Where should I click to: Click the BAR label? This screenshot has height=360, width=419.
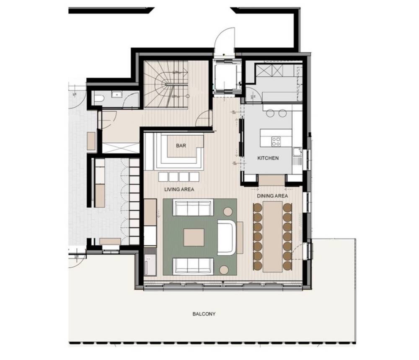(x=181, y=146)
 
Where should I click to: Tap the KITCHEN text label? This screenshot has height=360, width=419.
(x=268, y=158)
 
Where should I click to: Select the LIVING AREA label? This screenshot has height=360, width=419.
(x=179, y=189)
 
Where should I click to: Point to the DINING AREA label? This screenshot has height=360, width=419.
(x=272, y=196)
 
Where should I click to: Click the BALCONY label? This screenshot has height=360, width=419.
(x=204, y=314)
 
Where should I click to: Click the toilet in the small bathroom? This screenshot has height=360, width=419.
(x=99, y=98)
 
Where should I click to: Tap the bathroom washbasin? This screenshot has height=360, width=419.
(x=117, y=94)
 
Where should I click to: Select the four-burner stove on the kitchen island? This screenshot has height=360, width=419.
(x=276, y=141)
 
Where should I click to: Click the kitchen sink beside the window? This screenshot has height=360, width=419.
(x=297, y=152)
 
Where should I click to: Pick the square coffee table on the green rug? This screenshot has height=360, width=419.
(x=194, y=237)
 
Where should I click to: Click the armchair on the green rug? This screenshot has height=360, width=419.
(x=227, y=237)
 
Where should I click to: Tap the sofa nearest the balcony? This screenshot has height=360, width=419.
(x=193, y=266)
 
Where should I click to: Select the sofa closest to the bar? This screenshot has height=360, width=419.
(x=193, y=207)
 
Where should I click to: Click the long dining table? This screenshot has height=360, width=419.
(x=273, y=237)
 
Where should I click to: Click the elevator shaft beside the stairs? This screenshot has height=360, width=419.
(x=226, y=76)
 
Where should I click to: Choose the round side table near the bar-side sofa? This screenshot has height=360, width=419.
(x=228, y=211)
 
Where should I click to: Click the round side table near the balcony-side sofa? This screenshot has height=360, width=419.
(x=224, y=270)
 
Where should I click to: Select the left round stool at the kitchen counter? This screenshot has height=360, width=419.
(x=270, y=113)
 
